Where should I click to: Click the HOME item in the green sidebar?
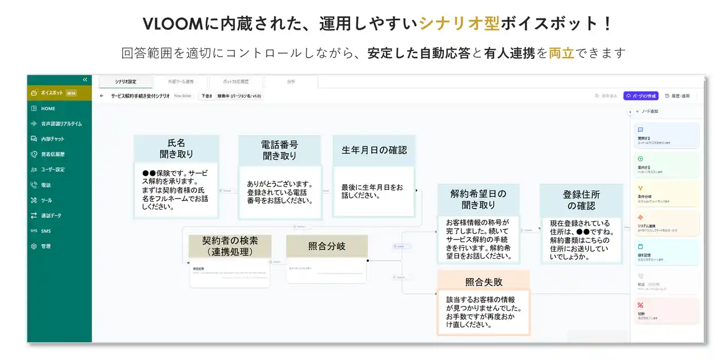[x=48, y=109]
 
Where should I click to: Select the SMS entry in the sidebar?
[x=45, y=231]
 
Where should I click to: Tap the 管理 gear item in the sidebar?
[x=46, y=246]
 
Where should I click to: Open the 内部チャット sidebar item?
[x=53, y=139]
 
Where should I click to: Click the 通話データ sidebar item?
[x=51, y=215]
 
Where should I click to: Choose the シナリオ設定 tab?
[x=125, y=82]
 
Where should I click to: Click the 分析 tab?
[x=291, y=82]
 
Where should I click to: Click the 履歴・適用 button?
[x=677, y=96]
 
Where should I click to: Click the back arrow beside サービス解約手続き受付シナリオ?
[x=102, y=96]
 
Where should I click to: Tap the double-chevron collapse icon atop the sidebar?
[x=85, y=80]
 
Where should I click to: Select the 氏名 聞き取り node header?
[x=176, y=148]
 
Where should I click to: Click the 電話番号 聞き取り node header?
[x=279, y=149]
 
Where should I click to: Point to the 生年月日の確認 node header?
[x=374, y=150]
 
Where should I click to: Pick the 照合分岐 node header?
[x=326, y=246]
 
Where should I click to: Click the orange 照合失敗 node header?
[x=484, y=281]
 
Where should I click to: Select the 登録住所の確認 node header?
[x=581, y=200]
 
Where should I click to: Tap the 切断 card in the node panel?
[x=667, y=311]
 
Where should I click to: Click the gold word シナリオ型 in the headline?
[x=459, y=24]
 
